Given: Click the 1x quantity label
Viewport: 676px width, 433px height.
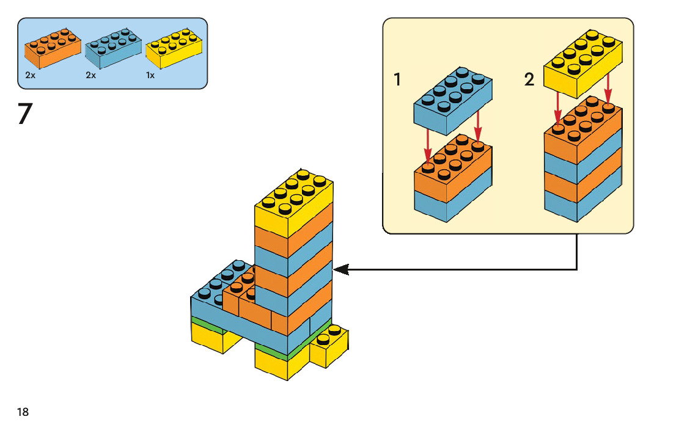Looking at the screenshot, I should tap(150, 76).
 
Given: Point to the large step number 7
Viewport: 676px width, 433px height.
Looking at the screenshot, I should tap(25, 114).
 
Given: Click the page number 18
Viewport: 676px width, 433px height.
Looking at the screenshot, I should tap(23, 412).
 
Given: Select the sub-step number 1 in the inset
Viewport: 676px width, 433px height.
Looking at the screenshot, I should tap(397, 79).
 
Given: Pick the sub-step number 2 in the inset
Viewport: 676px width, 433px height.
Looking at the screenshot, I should tap(529, 79).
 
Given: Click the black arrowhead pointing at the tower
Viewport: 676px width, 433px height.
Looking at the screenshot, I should tap(341, 269).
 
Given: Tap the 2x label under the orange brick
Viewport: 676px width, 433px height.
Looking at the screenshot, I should tap(31, 76).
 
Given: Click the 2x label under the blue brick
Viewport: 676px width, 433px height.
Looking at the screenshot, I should tap(91, 76).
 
